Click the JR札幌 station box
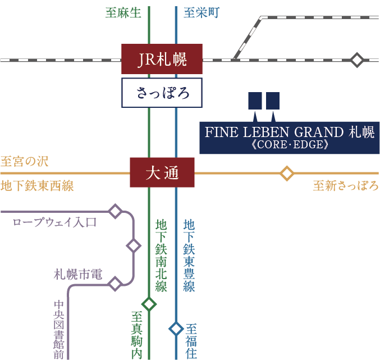click(x=162, y=59)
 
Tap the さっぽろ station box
click(x=162, y=93)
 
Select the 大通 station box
click(x=162, y=173)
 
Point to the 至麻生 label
click(x=123, y=12)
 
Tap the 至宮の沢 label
click(x=24, y=162)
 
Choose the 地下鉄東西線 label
click(x=37, y=186)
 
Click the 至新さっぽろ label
click(x=345, y=186)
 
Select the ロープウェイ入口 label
click(x=54, y=222)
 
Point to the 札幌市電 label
click(x=77, y=275)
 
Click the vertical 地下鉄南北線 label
click(x=161, y=255)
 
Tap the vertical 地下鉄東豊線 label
click(x=189, y=255)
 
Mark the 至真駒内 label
click(x=137, y=335)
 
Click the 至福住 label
click(x=191, y=340)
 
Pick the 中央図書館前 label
click(x=59, y=328)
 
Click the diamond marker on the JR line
click(x=357, y=60)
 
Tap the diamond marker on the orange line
click(x=287, y=173)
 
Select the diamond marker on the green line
click(x=149, y=304)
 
